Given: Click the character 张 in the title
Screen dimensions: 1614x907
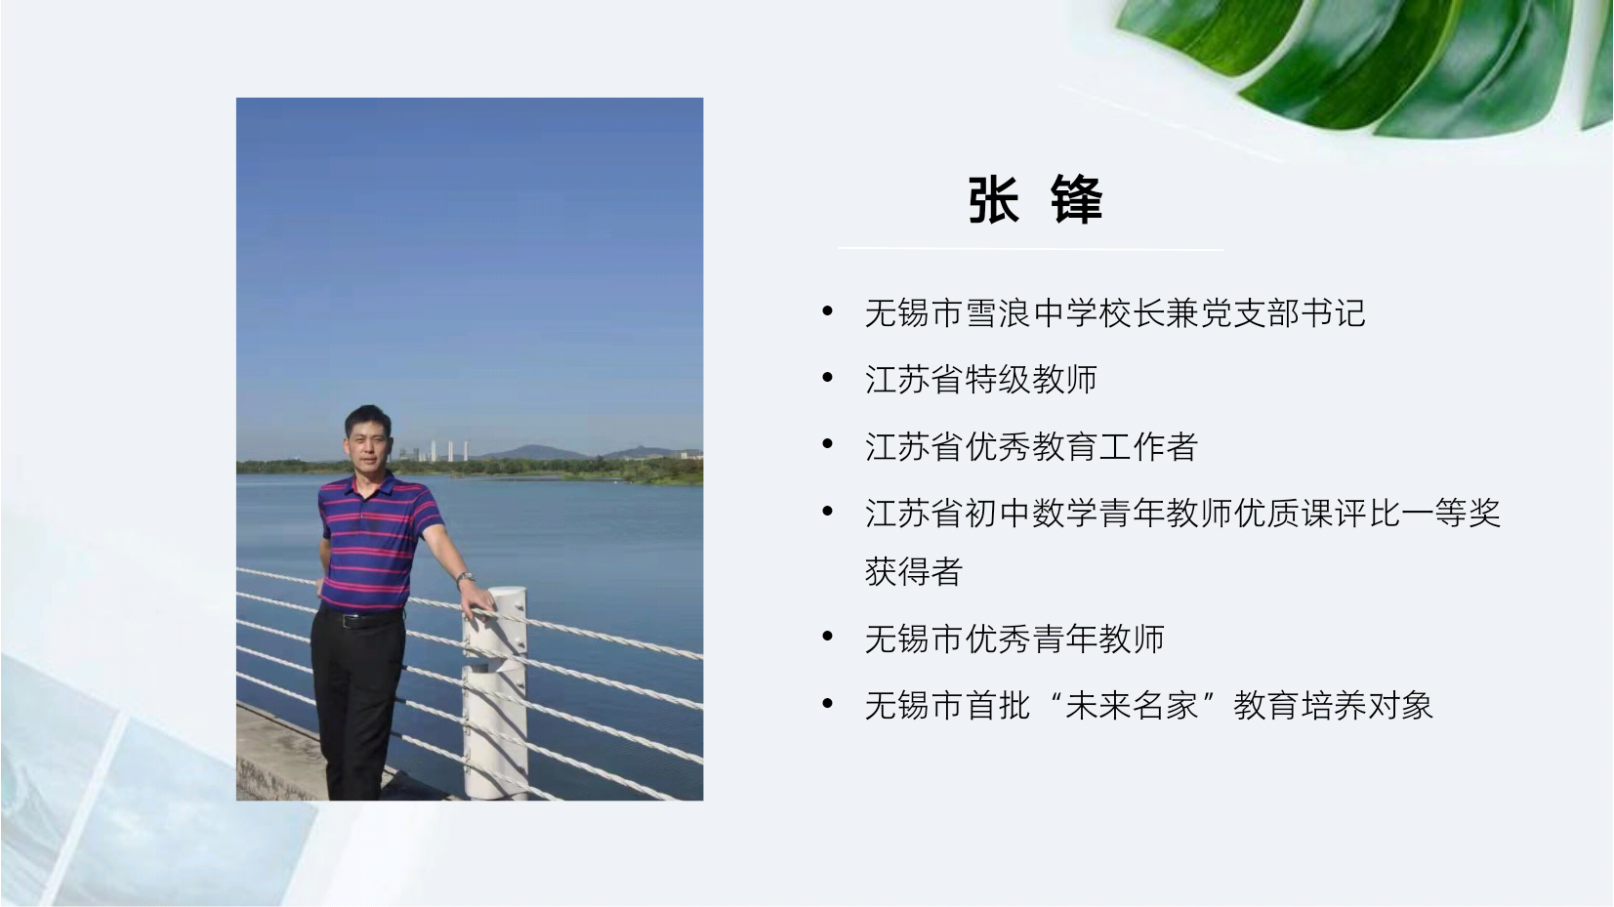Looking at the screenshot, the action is tap(994, 199).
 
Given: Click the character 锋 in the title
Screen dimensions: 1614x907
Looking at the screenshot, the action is tap(1076, 199).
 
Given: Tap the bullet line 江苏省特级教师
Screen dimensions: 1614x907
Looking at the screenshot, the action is tap(980, 380).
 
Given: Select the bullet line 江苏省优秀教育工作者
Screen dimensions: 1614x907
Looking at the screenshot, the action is tap(1031, 446).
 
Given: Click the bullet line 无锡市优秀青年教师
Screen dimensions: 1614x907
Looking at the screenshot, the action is tap(1014, 639).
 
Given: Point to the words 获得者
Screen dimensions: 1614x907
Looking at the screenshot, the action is tap(914, 571).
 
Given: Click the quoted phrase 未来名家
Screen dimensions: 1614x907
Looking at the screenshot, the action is tap(1132, 706).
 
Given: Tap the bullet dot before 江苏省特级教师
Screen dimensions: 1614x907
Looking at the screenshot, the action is tap(828, 378).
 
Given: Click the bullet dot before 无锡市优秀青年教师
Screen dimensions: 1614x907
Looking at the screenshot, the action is tap(828, 637).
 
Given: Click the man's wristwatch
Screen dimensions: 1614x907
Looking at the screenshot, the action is tap(465, 577).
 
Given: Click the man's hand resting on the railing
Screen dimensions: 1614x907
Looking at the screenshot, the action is tap(477, 603).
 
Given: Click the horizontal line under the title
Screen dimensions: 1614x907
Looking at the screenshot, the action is tap(1030, 249).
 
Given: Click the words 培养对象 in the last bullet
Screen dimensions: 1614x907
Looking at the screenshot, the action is tap(1365, 706).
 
